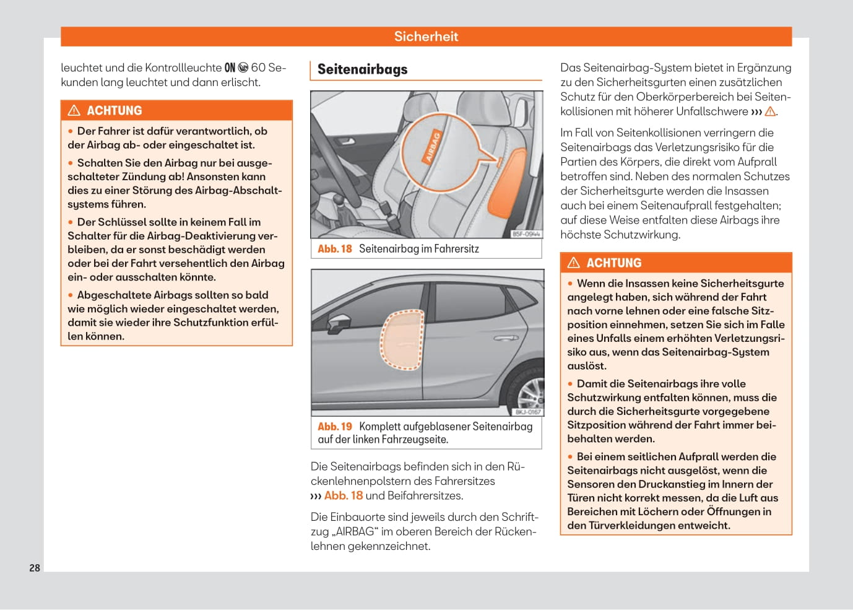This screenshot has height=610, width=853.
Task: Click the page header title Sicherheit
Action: tap(426, 37)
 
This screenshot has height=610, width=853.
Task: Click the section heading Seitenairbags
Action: tap(362, 69)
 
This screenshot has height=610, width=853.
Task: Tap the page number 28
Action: tap(35, 568)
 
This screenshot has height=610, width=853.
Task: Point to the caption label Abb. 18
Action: tap(334, 249)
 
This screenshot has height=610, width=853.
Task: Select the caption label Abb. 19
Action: tap(334, 427)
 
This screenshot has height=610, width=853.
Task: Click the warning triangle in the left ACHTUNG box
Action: tap(74, 111)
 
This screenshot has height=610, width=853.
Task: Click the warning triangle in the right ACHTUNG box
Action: tap(574, 263)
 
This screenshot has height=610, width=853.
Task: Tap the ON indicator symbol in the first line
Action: tap(230, 68)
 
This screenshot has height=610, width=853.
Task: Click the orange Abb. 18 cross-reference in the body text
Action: tap(343, 495)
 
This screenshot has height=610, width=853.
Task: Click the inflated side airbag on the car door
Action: tap(402, 340)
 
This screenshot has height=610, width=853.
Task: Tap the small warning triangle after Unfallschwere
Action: tap(770, 111)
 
